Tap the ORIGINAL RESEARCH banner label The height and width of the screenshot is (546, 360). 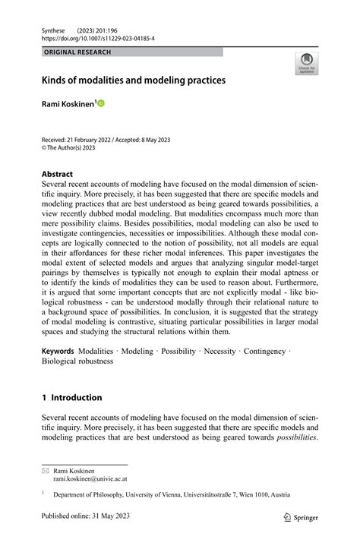pos(77,52)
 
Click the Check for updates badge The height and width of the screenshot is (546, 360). pos(306,64)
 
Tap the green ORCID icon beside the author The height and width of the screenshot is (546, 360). pos(100,103)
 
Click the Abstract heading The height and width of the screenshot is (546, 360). pos(57,174)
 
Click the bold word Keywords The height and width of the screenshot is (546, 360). pos(58,351)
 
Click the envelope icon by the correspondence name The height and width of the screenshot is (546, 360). pos(45,471)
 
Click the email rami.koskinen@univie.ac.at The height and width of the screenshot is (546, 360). pos(90,480)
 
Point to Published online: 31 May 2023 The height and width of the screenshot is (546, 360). pos(87,518)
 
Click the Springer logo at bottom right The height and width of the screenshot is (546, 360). pos(300,518)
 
